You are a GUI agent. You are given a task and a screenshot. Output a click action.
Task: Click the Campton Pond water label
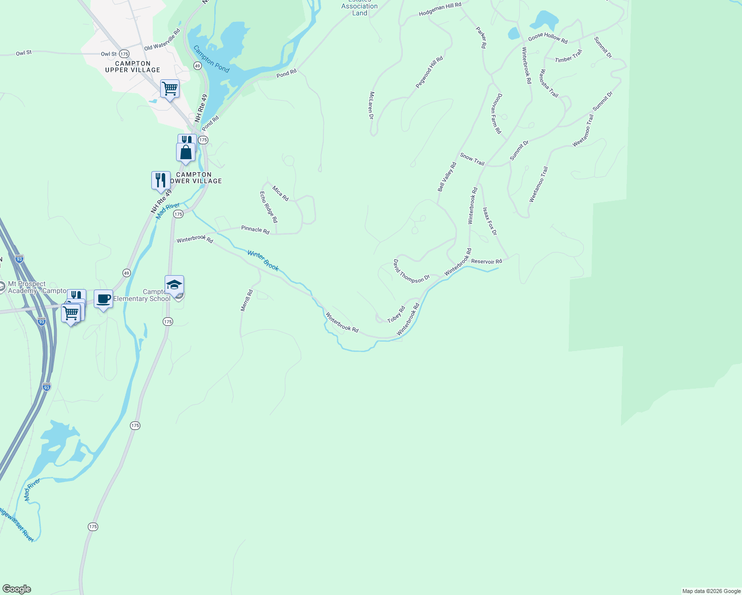click(211, 59)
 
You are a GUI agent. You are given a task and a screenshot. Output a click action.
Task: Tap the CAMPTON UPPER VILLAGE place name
click(132, 67)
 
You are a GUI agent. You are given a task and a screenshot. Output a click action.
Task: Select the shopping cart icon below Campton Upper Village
click(170, 89)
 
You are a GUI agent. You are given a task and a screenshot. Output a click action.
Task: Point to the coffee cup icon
click(103, 299)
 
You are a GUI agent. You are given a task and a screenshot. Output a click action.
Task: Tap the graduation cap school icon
click(174, 285)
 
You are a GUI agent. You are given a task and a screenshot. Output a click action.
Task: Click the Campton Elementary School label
click(142, 296)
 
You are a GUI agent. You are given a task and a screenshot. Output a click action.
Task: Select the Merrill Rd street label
click(247, 300)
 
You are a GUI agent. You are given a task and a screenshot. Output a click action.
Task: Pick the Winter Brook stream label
click(263, 261)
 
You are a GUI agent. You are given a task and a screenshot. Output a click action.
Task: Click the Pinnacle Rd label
click(255, 230)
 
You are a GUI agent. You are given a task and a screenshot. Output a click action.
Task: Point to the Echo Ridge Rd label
click(269, 207)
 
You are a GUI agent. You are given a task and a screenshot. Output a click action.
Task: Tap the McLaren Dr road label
click(371, 105)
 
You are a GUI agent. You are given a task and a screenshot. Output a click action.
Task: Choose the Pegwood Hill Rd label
click(429, 72)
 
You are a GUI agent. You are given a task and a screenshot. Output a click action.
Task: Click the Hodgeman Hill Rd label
click(440, 9)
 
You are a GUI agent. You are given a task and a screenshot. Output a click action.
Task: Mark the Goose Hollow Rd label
click(548, 38)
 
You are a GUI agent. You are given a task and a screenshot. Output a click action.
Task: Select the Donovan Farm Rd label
click(497, 114)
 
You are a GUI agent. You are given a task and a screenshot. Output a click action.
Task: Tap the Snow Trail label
click(472, 159)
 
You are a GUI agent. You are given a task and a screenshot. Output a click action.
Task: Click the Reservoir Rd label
click(486, 261)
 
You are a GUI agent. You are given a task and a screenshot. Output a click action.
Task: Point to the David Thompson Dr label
click(411, 272)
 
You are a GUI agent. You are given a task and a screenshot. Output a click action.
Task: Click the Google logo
click(17, 589)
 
